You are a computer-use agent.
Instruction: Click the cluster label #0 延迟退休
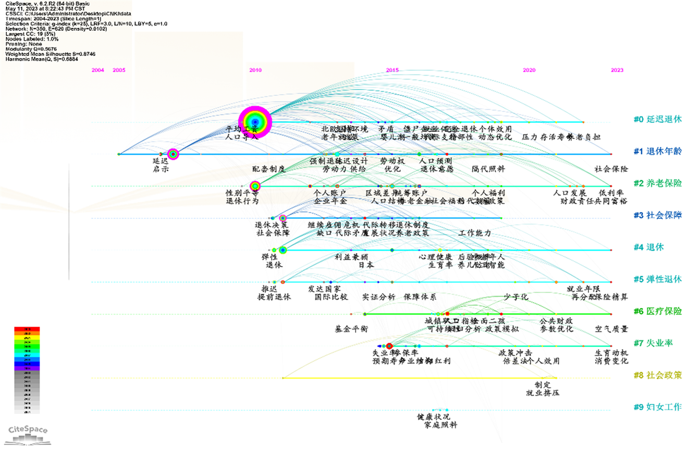[x=657, y=119]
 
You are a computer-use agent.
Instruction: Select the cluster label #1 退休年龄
[x=657, y=152]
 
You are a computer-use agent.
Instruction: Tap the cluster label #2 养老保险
[x=657, y=183]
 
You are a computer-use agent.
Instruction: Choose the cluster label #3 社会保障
[x=657, y=215]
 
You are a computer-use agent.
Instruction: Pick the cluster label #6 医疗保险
[x=657, y=311]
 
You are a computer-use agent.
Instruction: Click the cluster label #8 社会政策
[x=657, y=375]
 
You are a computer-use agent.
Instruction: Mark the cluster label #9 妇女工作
[x=657, y=407]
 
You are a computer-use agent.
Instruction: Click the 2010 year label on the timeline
[x=255, y=70]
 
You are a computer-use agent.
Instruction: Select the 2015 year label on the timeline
[x=392, y=70]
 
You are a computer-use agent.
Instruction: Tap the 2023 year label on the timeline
[x=617, y=70]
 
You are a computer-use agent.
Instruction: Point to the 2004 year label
[x=97, y=70]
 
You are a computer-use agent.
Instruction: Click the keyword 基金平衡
[x=352, y=329]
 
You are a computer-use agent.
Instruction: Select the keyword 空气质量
[x=611, y=329]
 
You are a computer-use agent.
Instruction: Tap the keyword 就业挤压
[x=543, y=392]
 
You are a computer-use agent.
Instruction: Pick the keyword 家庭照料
[x=440, y=425]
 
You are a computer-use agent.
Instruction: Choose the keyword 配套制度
[x=269, y=169]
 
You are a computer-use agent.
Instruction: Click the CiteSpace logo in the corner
[x=28, y=433]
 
